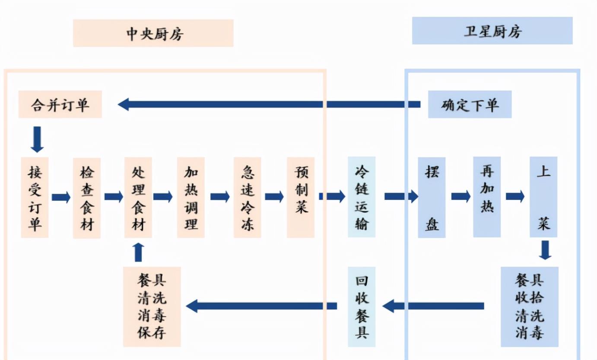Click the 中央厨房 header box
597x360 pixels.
[153, 33]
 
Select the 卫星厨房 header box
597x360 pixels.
[492, 31]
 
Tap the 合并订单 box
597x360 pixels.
[60, 104]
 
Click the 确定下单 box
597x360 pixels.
[470, 104]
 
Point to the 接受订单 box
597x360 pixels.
[35, 197]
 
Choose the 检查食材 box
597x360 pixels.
[87, 198]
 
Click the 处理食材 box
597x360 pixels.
[138, 197]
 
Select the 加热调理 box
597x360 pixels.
[191, 197]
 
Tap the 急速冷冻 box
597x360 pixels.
[248, 197]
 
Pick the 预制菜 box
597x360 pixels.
[301, 197]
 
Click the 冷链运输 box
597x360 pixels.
[362, 197]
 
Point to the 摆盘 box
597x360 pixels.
[432, 197]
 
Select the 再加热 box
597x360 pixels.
[487, 197]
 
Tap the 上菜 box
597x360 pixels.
[543, 197]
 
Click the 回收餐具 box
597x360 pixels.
[362, 307]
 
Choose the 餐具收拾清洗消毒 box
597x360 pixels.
[530, 307]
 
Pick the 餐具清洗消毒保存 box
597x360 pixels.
[152, 307]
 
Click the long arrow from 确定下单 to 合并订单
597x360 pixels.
[269, 104]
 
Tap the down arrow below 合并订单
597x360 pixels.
[37, 139]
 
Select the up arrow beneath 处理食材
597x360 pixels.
[138, 252]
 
